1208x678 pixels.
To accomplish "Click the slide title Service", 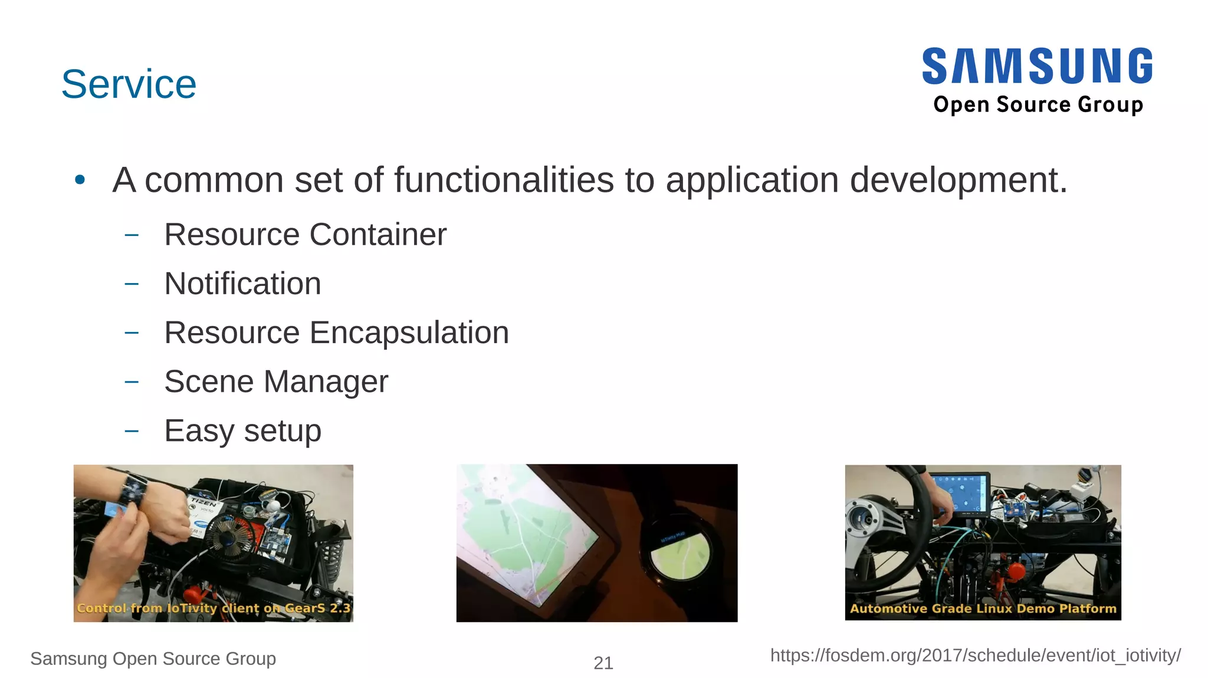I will [x=129, y=84].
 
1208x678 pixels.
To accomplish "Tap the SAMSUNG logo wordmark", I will [x=1037, y=66].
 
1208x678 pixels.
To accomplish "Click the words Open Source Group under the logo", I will [x=1038, y=104].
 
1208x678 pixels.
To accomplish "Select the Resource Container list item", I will [x=305, y=235].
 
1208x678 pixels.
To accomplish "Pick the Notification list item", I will [x=242, y=284].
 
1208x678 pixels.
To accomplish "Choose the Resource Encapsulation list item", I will [x=336, y=333].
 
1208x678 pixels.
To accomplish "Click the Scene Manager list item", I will [x=276, y=381].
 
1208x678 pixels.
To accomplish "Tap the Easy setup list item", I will [x=242, y=430].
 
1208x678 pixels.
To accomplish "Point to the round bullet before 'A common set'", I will [x=80, y=180].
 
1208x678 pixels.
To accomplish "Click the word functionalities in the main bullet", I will [x=504, y=180].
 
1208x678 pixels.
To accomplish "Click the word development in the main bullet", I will [x=958, y=180].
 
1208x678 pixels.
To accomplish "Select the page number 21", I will [x=603, y=663].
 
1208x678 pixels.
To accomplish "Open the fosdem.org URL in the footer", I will [x=975, y=656].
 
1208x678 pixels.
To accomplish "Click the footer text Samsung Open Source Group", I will [x=153, y=659].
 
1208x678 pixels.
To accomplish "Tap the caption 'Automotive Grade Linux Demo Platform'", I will [x=983, y=608].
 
